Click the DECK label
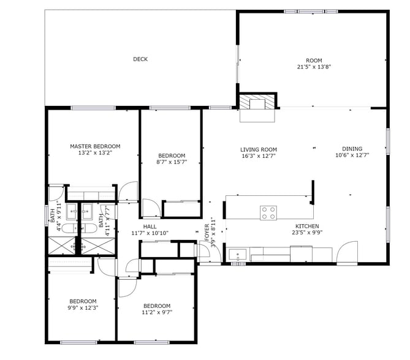pos(140,59)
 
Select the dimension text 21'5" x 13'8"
pos(314,67)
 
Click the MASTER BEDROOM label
pos(95,146)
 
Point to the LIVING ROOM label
pos(258,149)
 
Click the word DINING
pos(352,149)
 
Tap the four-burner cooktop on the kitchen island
pos(268,212)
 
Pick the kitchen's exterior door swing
pos(347,252)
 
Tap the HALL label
pos(150,226)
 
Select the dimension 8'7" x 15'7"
pos(171,162)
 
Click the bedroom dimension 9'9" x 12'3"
pos(82,307)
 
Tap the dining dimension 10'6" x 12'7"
pos(352,156)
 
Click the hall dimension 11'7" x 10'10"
pos(150,233)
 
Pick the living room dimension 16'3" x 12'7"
pos(258,156)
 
